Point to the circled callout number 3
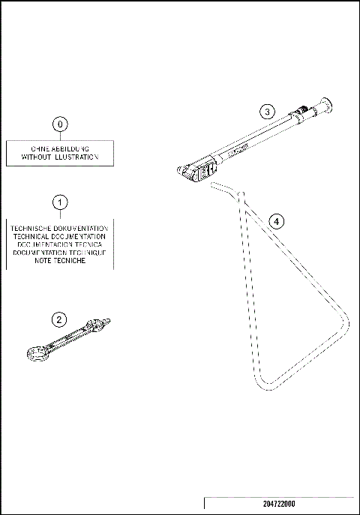pyautogui.click(x=266, y=112)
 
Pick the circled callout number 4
pyautogui.click(x=277, y=221)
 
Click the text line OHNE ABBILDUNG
pyautogui.click(x=61, y=148)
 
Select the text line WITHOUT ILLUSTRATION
pyautogui.click(x=61, y=157)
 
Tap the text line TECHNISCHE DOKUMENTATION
pyautogui.click(x=61, y=228)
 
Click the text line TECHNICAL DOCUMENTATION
pyautogui.click(x=61, y=236)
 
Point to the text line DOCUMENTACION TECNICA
pyautogui.click(x=61, y=244)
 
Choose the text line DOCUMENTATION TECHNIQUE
pyautogui.click(x=61, y=253)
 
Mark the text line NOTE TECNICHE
pyautogui.click(x=61, y=261)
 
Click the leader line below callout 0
pyautogui.click(x=61, y=136)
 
